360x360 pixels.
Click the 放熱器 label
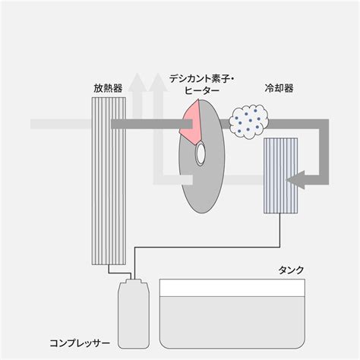[x=108, y=88]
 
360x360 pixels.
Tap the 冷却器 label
[x=279, y=88]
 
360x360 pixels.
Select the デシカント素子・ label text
[x=202, y=79]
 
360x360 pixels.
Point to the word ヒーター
[x=202, y=90]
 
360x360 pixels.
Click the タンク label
[x=291, y=270]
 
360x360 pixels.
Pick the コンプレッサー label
[x=80, y=343]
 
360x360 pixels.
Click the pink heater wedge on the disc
[x=191, y=122]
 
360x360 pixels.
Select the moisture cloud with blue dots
[x=249, y=121]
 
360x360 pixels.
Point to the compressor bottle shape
[x=134, y=314]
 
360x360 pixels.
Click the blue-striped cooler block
[x=280, y=175]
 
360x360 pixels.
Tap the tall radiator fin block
[x=109, y=181]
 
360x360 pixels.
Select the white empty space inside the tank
[x=232, y=288]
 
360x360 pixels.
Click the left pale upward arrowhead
[x=137, y=82]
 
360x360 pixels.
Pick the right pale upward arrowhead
[x=158, y=82]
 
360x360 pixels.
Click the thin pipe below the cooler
[x=207, y=247]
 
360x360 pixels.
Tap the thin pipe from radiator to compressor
[x=120, y=273]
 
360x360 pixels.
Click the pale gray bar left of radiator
[x=61, y=124]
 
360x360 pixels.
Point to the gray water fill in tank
[x=232, y=321]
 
